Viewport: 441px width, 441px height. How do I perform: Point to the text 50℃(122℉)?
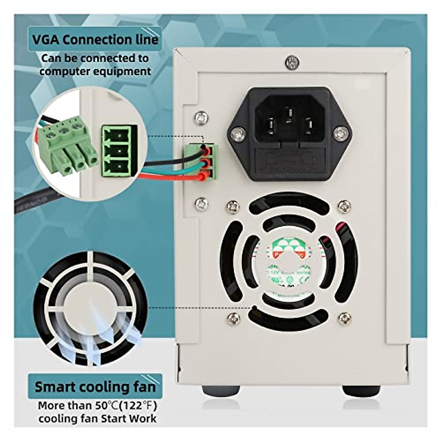point(126,406)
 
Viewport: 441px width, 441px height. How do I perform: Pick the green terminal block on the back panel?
point(202,162)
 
